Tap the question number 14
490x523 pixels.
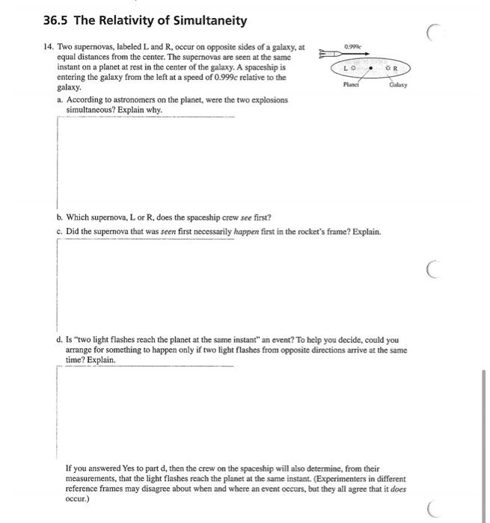49,47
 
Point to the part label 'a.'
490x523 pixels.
60,99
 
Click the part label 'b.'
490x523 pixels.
60,217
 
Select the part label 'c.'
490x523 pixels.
60,232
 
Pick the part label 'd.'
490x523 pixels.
60,339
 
